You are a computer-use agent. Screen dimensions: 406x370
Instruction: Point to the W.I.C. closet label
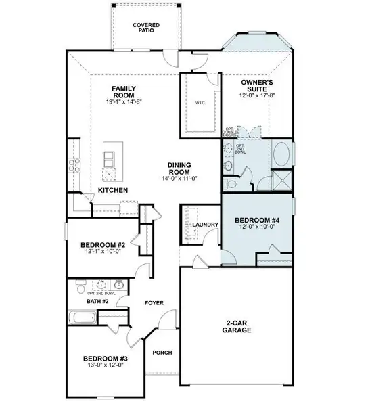191,103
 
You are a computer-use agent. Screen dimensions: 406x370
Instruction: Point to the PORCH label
162,353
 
